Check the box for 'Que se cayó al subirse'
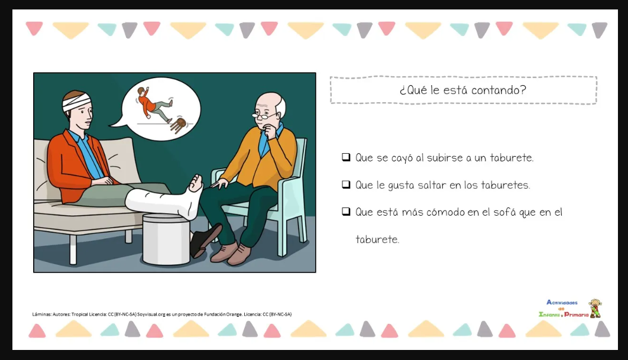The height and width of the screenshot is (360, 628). [x=346, y=157]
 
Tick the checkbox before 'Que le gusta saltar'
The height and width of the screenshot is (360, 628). [x=346, y=184]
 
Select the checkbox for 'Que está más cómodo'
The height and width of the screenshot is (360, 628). [x=346, y=212]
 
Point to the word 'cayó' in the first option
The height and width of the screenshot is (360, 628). [x=402, y=158]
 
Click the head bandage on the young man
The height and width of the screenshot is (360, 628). [x=77, y=102]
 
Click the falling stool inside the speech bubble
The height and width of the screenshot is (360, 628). [x=177, y=125]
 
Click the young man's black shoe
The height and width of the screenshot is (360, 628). [x=205, y=239]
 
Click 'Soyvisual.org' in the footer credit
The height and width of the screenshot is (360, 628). [x=151, y=314]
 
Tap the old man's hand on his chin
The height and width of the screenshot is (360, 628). [x=271, y=134]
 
